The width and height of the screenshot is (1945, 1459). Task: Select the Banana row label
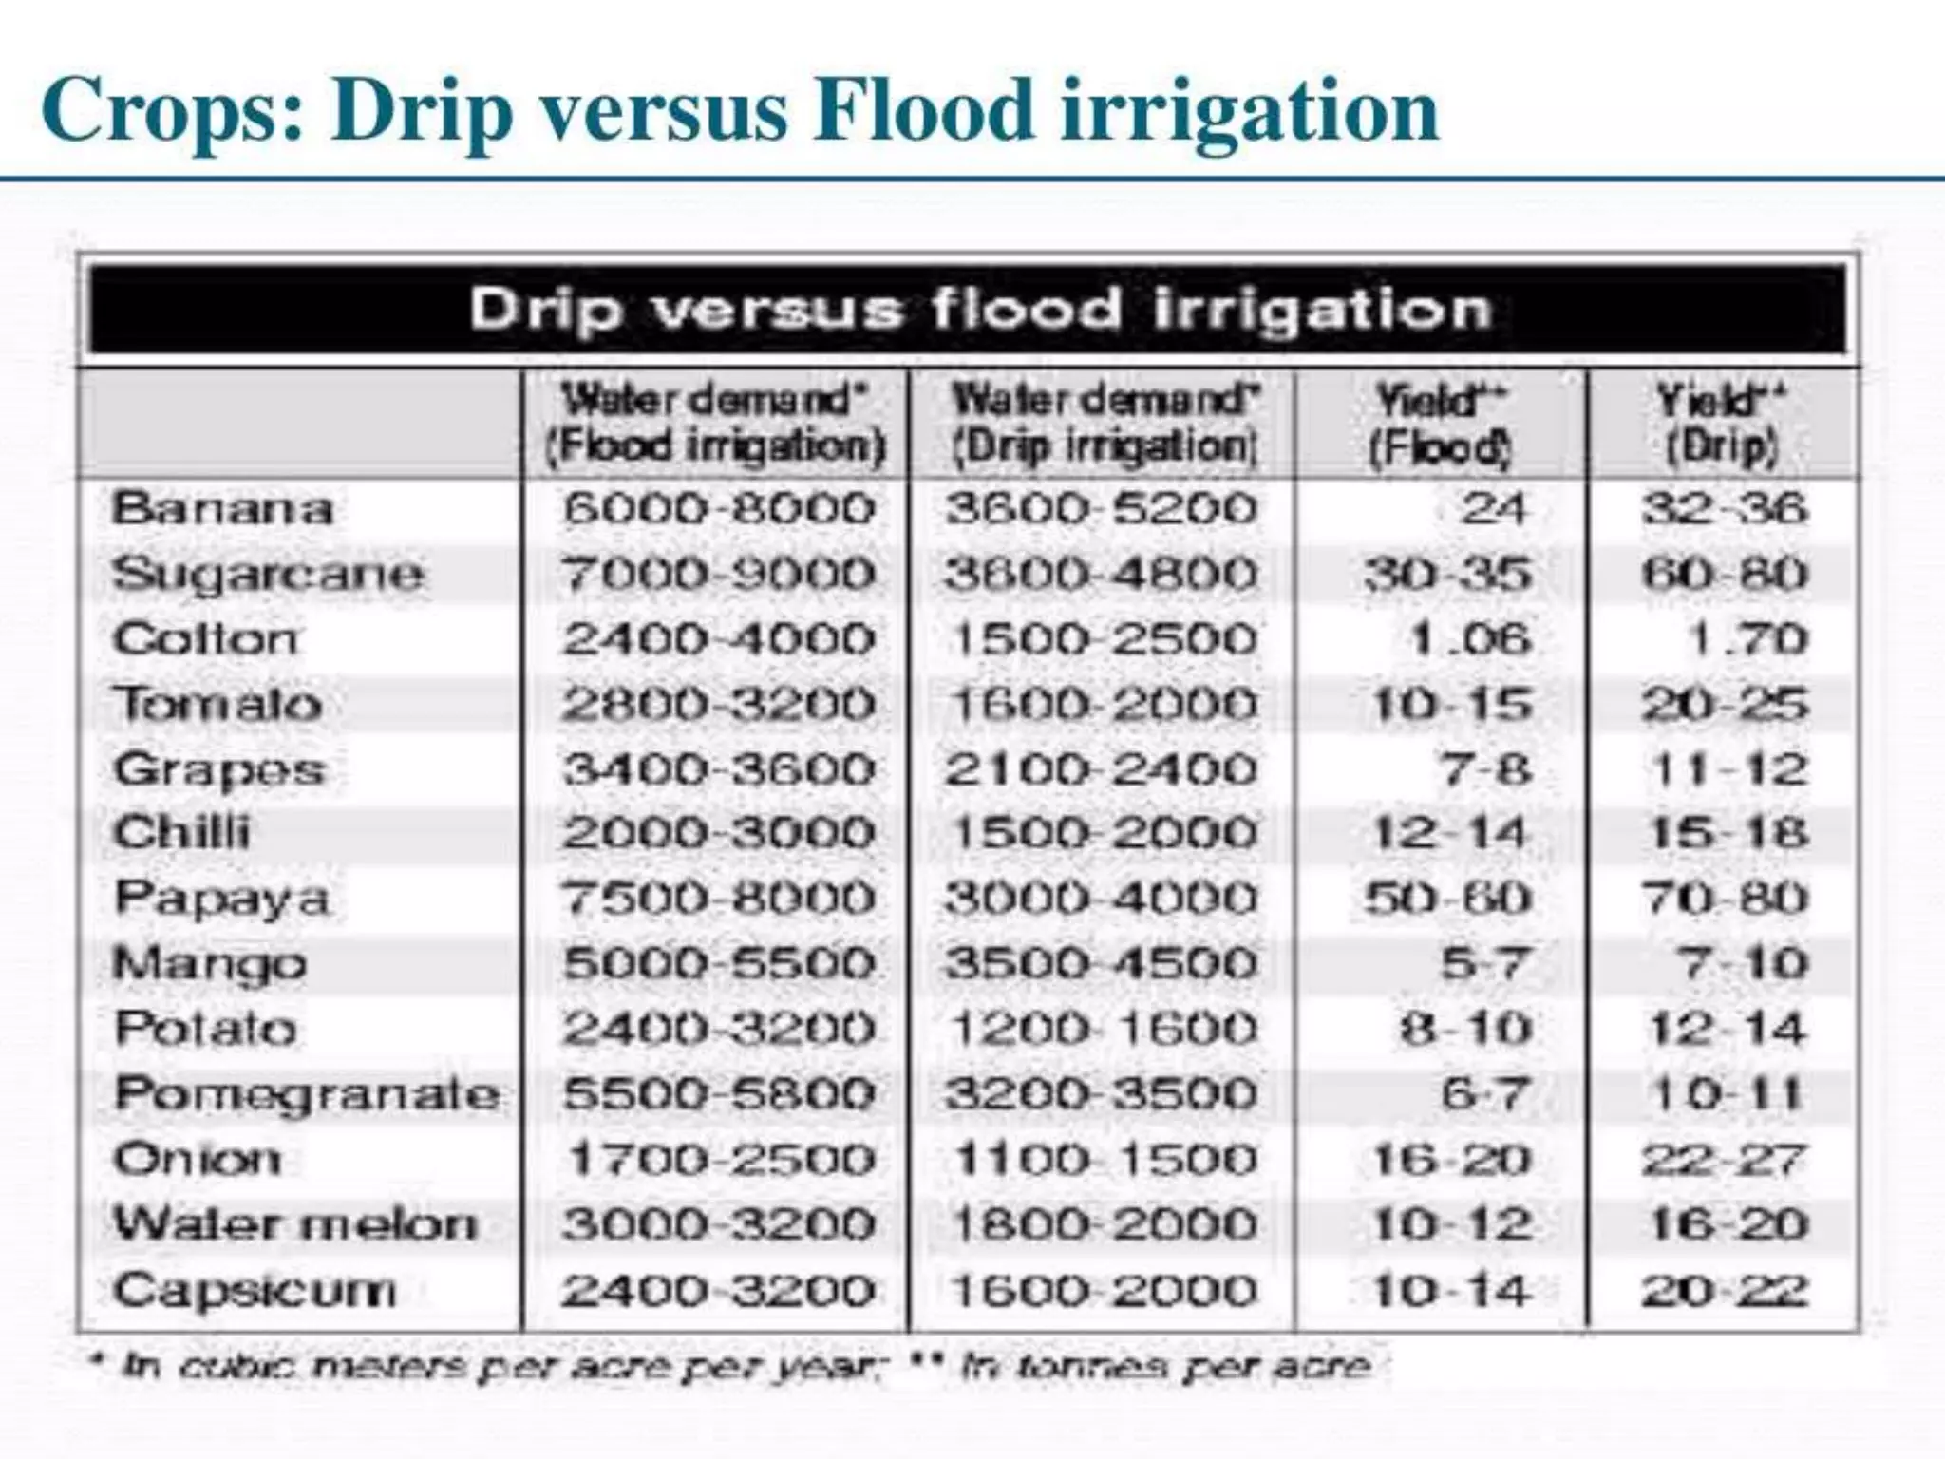tap(222, 508)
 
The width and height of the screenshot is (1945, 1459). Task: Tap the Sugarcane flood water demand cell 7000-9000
tap(717, 574)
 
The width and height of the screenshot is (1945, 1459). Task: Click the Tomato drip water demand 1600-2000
tap(1102, 704)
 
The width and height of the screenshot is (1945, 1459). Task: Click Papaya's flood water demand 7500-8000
tap(717, 899)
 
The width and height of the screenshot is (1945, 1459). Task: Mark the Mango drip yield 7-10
tap(1743, 964)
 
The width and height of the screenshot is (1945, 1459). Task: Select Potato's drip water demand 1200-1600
tap(1102, 1029)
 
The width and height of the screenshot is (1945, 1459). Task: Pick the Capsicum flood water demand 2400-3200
tap(717, 1290)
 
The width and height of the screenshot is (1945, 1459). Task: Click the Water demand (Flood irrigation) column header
tap(715, 424)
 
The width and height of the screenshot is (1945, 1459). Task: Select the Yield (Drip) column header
tap(1722, 424)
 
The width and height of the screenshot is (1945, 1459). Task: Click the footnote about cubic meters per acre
tap(494, 1366)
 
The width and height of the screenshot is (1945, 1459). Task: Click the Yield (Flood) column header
tap(1440, 424)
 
